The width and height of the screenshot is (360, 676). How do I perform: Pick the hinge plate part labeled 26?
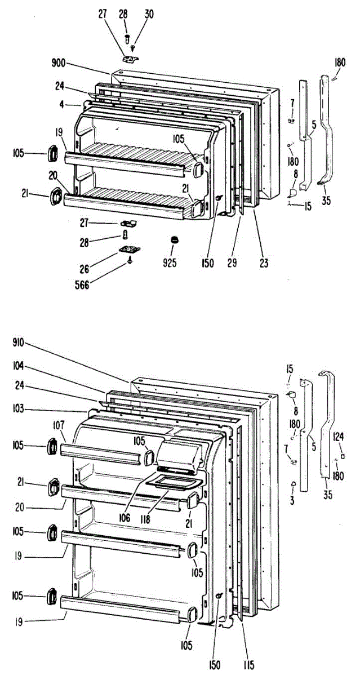129,248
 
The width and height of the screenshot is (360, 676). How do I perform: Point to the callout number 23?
264,262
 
